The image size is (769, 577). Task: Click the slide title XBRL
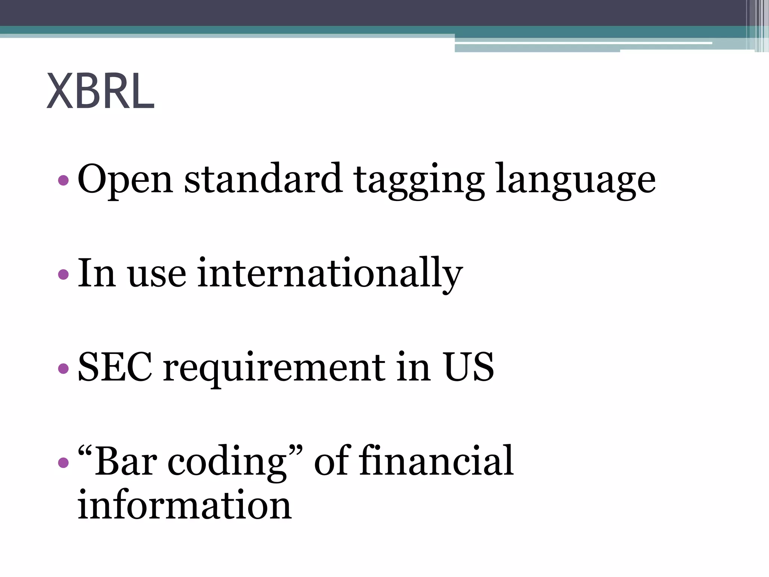[100, 91]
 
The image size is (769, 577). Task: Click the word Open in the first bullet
[125, 180]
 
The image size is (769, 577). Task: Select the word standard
[263, 179]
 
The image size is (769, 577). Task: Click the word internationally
[330, 273]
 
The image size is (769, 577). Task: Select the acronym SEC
[115, 367]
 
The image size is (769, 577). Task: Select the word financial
[436, 460]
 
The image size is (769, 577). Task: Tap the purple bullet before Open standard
[64, 181]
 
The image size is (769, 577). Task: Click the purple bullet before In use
[64, 274]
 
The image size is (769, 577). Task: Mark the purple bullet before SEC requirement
[64, 368]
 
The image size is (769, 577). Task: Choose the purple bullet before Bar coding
[64, 462]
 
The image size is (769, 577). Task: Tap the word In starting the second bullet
[96, 273]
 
